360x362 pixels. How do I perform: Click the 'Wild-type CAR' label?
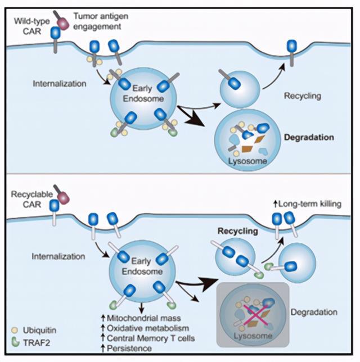32,26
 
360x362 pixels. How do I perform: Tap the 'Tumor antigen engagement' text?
101,21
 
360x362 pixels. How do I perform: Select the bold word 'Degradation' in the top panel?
309,137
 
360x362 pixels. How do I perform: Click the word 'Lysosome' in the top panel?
247,161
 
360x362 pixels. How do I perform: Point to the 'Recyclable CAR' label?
32,199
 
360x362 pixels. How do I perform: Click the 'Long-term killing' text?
308,204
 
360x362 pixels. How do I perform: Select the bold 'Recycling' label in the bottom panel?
238,231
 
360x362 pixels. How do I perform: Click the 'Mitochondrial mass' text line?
141,318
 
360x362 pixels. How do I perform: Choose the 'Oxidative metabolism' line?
145,328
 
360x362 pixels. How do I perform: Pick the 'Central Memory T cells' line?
148,338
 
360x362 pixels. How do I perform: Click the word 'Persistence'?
127,348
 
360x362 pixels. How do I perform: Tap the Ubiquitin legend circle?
15,330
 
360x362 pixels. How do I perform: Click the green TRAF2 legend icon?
15,342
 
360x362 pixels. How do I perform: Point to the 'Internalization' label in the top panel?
60,84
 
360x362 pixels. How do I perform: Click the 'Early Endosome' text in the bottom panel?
142,266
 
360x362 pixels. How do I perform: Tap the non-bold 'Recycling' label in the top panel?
303,96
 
